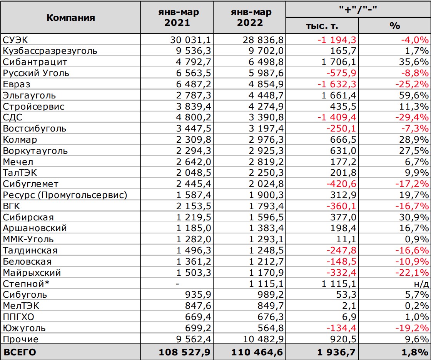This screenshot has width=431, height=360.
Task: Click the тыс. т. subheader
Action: pos(322,26)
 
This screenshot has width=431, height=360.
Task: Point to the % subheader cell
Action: pos(394,26)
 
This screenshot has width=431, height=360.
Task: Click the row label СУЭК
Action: pos(15,40)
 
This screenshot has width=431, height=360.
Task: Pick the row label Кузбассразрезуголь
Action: pos(50,51)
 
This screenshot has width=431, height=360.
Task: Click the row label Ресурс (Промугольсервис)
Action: pos(65,195)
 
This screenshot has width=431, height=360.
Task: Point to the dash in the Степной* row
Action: pos(177,284)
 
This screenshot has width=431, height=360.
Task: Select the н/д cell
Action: pos(421,284)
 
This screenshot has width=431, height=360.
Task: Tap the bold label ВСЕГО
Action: pos(20,352)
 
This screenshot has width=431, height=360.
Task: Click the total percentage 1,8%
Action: pos(417,352)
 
